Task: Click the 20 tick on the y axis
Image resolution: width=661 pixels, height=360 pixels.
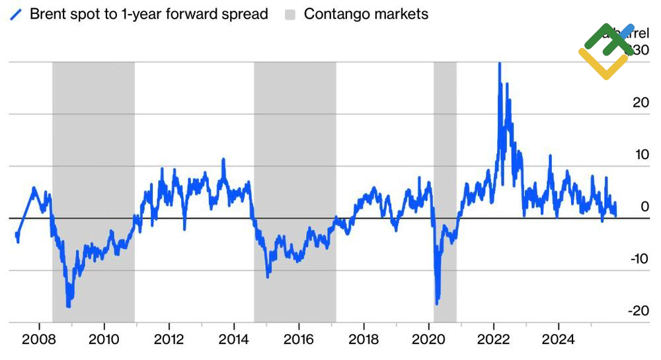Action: point(641,102)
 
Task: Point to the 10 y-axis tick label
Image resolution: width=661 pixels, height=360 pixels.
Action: point(641,154)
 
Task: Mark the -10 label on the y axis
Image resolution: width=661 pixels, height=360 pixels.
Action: point(639,258)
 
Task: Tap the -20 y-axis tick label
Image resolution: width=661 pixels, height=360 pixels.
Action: point(639,310)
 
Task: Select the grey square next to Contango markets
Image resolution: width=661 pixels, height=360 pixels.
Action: point(290,14)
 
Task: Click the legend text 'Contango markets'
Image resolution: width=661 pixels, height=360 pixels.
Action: point(366,14)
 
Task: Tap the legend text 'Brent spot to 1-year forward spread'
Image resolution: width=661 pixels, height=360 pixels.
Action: point(149,14)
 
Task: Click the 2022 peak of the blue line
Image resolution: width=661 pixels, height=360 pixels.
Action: point(500,63)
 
